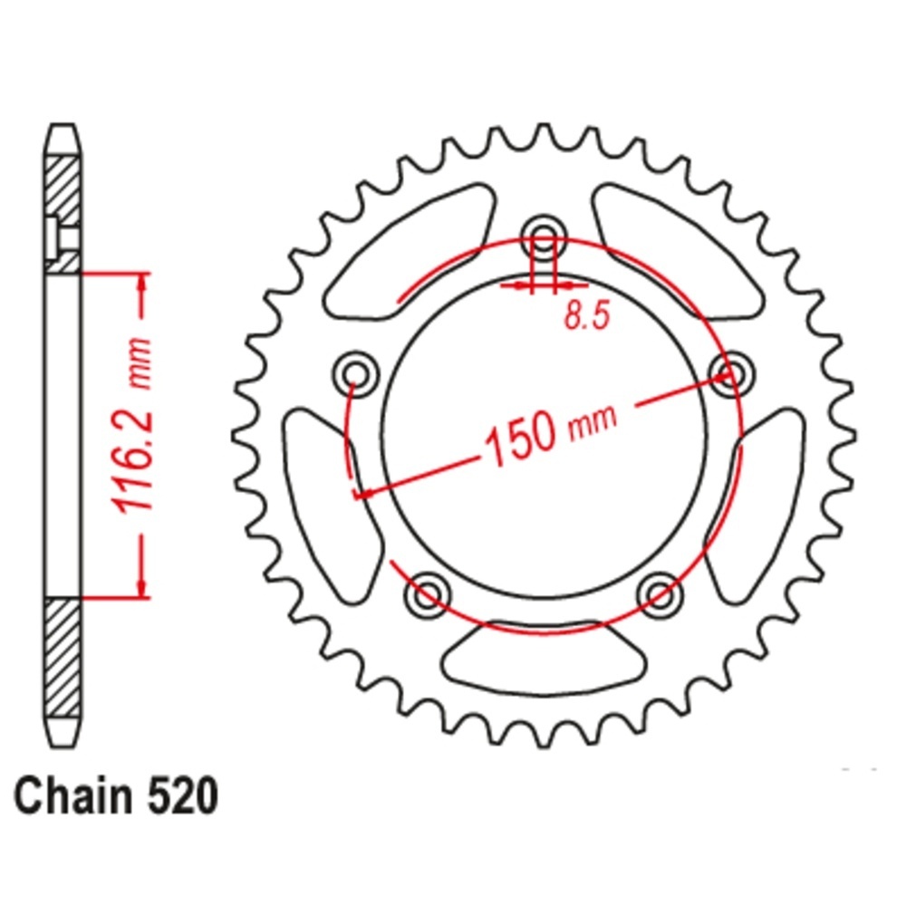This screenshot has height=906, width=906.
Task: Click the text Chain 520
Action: tap(116, 796)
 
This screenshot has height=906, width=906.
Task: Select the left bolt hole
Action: tap(356, 374)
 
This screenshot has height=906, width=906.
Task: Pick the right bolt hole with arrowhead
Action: tap(731, 374)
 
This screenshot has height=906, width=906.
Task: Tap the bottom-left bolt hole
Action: tap(428, 594)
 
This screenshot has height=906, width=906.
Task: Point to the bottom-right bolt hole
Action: tap(660, 594)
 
